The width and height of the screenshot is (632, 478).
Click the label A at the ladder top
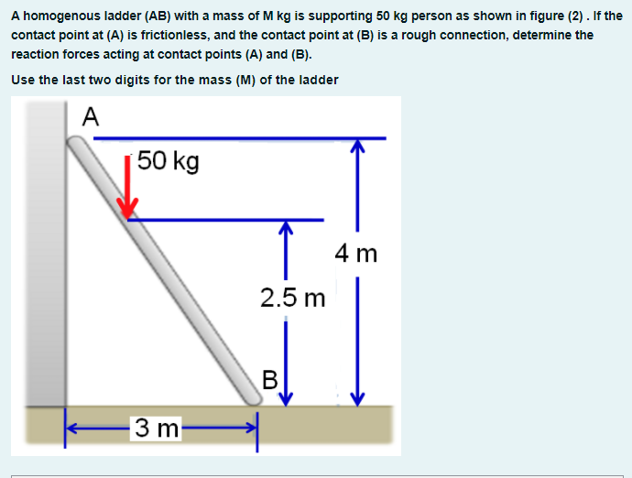point(90,116)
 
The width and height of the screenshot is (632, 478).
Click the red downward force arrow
point(131,187)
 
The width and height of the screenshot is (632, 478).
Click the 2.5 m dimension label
point(292,298)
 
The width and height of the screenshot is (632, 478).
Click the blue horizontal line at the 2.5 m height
point(229,220)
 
